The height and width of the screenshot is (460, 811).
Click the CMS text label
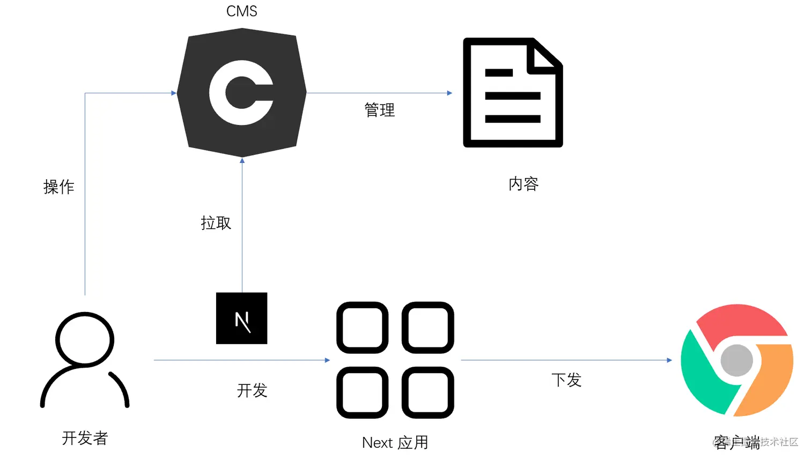pos(241,11)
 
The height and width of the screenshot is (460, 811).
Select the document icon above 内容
pos(513,92)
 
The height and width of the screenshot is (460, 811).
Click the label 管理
pos(379,110)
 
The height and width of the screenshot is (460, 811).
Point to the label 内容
pos(523,184)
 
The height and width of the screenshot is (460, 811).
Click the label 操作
pos(58,187)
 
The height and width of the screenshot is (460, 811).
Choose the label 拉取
pos(216,223)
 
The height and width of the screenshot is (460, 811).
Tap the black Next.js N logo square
pos(241,318)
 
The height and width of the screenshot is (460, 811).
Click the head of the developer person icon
pos(85,339)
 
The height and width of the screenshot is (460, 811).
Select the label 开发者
pos(85,438)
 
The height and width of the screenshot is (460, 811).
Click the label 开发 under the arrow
pos(252,390)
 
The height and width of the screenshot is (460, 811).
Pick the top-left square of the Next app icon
pos(363,328)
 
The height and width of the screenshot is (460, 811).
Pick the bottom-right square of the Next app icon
pos(427,392)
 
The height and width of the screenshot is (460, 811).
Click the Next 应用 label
pos(395,443)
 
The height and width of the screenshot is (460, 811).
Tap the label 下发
pos(566,380)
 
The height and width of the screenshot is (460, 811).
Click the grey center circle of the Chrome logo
pos(736,360)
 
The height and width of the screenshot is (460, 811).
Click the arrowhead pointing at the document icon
pos(449,93)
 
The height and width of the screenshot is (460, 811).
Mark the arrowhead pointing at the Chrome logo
pos(669,360)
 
